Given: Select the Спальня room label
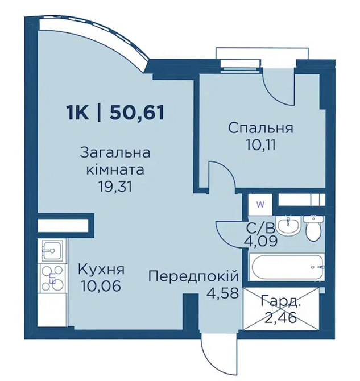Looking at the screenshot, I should (x=260, y=127).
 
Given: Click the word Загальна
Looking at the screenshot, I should (x=115, y=153).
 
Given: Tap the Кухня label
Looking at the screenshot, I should (x=101, y=269).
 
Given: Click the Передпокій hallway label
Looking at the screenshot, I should (x=192, y=276).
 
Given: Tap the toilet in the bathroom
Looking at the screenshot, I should (x=313, y=230).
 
